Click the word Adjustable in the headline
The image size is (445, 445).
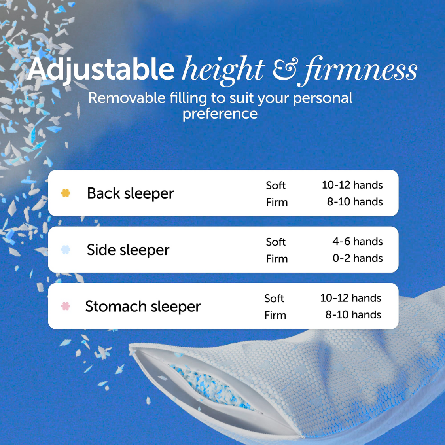click(x=101, y=69)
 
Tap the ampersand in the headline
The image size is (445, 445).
click(x=284, y=69)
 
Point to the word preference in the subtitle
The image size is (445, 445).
click(x=220, y=114)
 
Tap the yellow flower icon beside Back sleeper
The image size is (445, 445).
click(x=66, y=193)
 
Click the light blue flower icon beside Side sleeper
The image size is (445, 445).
click(x=66, y=250)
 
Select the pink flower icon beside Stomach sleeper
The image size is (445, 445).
click(x=66, y=306)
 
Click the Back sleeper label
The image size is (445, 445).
click(x=130, y=193)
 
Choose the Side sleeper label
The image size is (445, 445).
click(x=128, y=250)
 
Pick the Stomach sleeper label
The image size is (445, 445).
click(x=143, y=307)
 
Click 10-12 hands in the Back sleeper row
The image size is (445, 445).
click(x=352, y=185)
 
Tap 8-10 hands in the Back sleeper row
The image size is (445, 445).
click(x=355, y=202)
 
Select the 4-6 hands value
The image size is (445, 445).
click(x=358, y=241)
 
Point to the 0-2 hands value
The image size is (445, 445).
click(x=358, y=258)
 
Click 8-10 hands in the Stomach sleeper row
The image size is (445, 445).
click(x=353, y=315)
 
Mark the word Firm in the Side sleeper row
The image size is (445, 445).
click(x=277, y=259)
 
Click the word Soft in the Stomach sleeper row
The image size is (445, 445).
click(x=274, y=298)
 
